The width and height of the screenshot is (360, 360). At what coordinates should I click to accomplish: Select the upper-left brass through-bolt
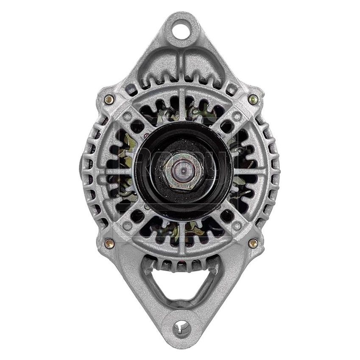109,100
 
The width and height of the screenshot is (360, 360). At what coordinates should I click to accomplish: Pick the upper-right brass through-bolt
253,100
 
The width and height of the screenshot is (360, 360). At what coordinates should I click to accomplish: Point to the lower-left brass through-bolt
109,243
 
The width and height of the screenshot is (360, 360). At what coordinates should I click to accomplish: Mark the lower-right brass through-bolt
253,243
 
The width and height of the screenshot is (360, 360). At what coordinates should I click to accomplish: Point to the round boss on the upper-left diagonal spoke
127,117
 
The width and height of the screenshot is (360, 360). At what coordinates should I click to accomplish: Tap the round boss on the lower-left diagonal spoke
127,225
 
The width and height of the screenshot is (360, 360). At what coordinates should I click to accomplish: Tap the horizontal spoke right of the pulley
250,171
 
